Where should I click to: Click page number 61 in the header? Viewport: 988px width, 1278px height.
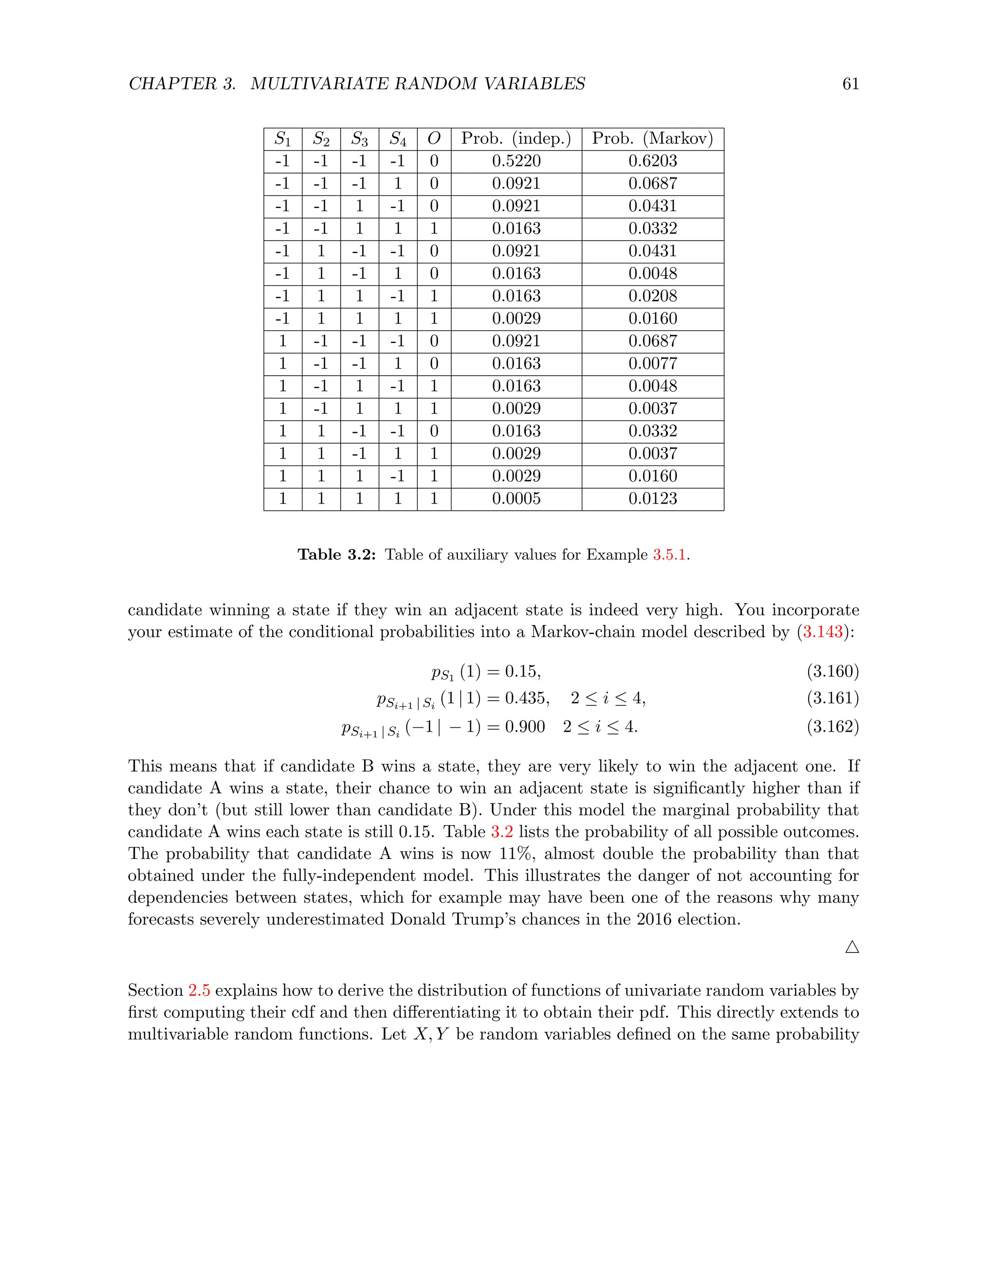(850, 84)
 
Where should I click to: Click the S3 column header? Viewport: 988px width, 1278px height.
(359, 139)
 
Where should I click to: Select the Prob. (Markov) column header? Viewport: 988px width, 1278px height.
(652, 139)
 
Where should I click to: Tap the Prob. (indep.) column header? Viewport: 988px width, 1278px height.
(516, 139)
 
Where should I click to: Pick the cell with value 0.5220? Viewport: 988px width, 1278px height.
(516, 161)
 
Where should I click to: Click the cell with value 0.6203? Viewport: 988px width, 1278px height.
(652, 161)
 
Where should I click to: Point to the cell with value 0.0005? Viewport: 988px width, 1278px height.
(516, 499)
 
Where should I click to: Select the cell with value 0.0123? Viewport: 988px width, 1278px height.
(652, 499)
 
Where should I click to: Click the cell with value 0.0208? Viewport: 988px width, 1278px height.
(652, 296)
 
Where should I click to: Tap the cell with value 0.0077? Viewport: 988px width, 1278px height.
(652, 364)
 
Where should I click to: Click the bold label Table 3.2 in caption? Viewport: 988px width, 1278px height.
(337, 555)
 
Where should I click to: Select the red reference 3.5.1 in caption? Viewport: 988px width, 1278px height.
(669, 555)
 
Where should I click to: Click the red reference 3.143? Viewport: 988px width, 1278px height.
(823, 632)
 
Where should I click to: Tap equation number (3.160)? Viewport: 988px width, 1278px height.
(832, 671)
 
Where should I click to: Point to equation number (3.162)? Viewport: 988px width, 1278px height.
(832, 727)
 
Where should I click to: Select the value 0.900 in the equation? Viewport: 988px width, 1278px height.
(524, 727)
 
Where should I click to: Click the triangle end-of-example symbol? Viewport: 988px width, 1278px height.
(851, 947)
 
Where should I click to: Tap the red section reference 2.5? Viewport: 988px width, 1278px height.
(199, 991)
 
